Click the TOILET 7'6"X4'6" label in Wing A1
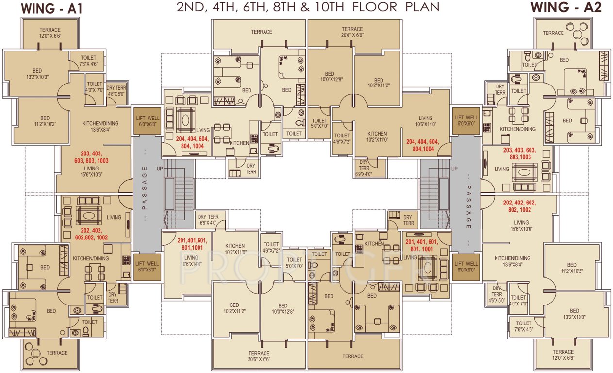tap(88, 61)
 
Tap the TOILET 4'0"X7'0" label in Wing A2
tap(518, 301)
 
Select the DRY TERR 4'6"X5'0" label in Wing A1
tap(117, 91)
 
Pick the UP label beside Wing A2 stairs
tap(454, 169)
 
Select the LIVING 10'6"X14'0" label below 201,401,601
tap(191, 261)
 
